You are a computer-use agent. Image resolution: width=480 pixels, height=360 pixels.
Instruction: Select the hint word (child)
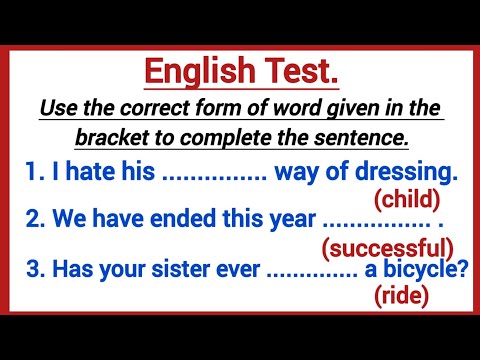tap(406, 201)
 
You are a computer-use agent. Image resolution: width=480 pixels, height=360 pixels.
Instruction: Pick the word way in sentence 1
tap(295, 174)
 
